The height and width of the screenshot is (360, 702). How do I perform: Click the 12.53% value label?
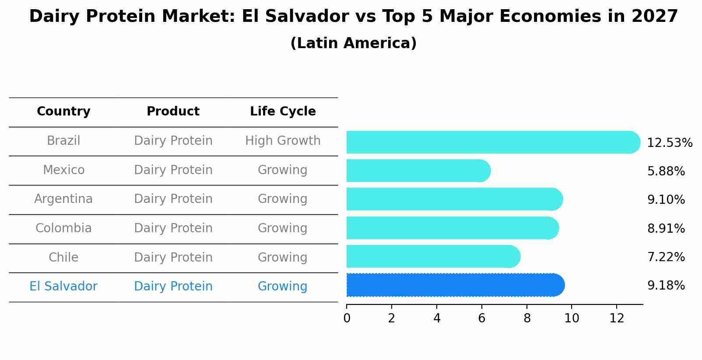pos(669,143)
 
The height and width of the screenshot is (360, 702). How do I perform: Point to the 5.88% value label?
pos(666,171)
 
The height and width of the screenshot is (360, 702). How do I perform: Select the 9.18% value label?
pos(666,286)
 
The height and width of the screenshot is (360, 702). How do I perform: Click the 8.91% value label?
pos(666,229)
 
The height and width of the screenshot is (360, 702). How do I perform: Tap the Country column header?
pos(63,112)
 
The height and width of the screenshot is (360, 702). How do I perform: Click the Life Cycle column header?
pos(283,112)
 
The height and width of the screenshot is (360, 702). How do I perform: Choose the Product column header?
pos(173,112)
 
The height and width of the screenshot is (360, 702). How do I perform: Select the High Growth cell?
pos(283,141)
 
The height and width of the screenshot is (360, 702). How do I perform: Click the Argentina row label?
pos(63,199)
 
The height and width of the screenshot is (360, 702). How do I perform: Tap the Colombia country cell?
pos(63,228)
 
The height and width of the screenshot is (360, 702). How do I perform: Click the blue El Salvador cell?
pos(63,287)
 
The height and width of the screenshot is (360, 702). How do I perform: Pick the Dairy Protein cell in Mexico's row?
pos(173,170)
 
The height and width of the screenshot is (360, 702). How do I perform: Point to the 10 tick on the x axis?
pos(572,318)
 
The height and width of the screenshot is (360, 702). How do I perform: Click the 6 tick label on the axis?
pos(481,318)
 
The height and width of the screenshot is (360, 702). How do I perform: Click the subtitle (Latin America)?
pos(353,43)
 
